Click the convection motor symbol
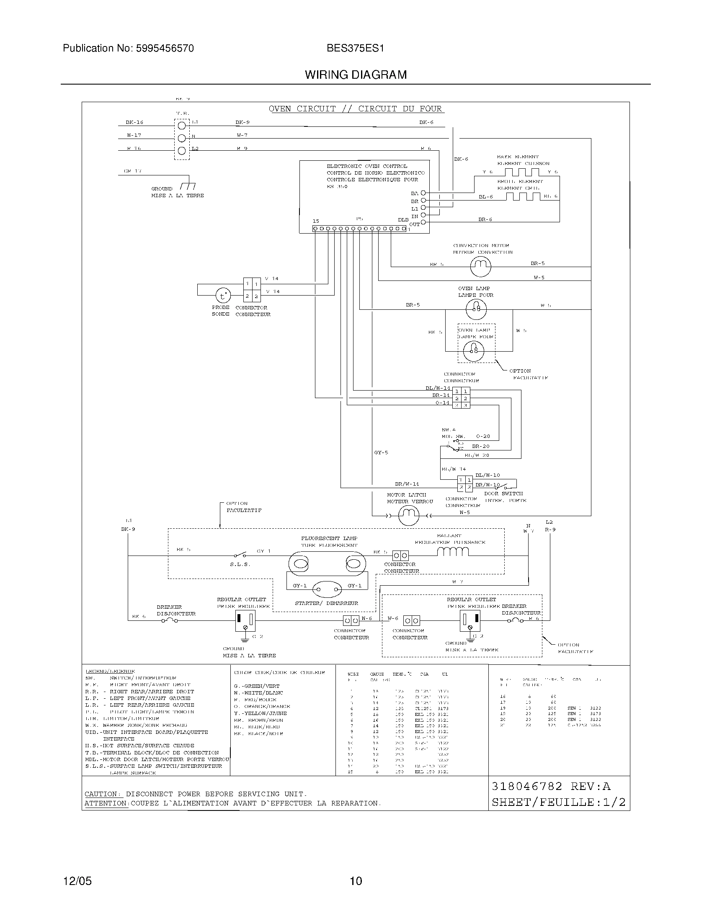click(480, 266)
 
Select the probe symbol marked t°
click(224, 296)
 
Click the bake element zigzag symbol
click(522, 172)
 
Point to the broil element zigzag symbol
click(523, 196)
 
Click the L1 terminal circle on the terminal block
click(182, 126)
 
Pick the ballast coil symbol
click(453, 552)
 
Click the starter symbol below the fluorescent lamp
click(327, 589)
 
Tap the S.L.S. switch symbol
click(240, 556)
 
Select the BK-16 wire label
click(134, 122)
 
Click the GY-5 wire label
click(381, 453)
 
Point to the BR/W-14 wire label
click(407, 484)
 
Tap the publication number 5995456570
click(165, 49)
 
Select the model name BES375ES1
click(355, 49)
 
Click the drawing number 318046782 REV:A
click(551, 787)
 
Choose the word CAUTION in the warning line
click(102, 794)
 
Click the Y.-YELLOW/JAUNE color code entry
click(260, 713)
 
